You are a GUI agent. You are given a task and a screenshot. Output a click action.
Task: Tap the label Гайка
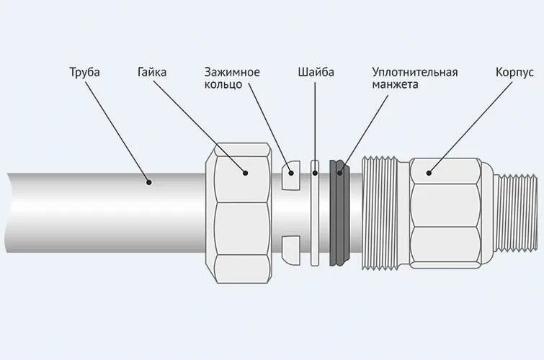coord(153,73)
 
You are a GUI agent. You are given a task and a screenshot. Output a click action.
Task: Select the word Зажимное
coord(231,73)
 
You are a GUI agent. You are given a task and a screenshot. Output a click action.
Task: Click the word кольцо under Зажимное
coord(223,84)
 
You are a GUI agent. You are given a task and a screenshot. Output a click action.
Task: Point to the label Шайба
coord(316,73)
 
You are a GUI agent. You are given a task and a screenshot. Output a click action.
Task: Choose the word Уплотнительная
coord(415,73)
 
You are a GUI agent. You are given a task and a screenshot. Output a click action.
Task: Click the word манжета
coord(396,84)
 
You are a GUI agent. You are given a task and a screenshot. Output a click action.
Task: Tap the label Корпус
coord(514,73)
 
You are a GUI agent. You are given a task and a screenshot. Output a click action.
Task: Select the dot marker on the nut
coord(245,173)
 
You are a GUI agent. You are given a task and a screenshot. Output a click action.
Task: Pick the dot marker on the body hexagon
coord(428,172)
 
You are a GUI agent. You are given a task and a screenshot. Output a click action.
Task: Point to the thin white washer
coord(315,212)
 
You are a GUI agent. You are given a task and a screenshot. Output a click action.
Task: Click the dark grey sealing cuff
coord(338,212)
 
